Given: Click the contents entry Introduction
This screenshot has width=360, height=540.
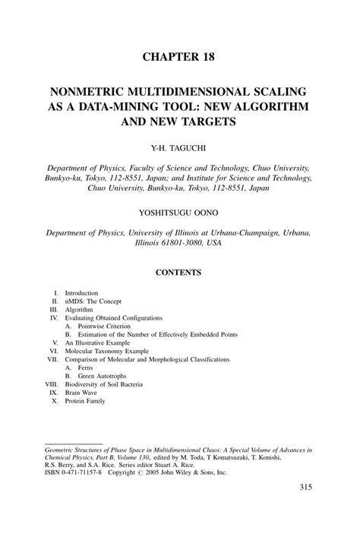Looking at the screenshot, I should [x=82, y=292].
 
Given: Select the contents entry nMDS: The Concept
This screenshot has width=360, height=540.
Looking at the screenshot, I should [x=93, y=302].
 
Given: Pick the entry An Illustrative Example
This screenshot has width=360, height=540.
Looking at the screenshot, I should [x=98, y=343].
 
